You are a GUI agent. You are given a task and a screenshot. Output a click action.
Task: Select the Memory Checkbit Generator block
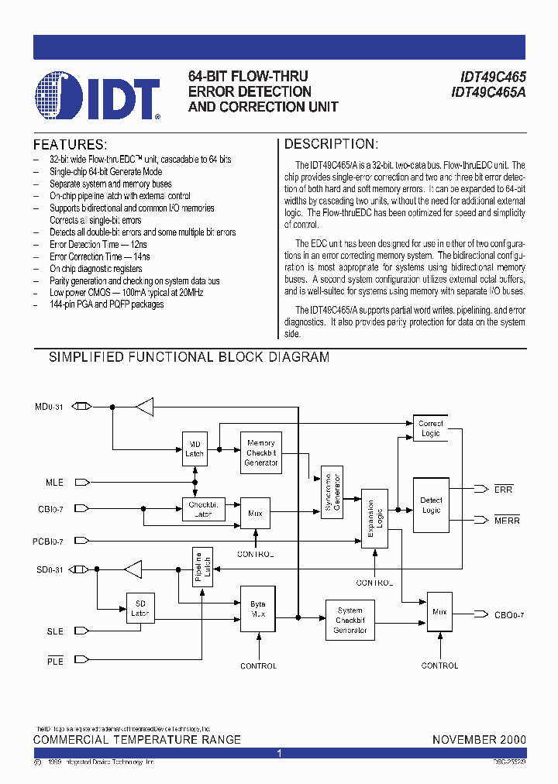pyautogui.click(x=261, y=452)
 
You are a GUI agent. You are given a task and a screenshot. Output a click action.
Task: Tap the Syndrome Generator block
pyautogui.click(x=331, y=492)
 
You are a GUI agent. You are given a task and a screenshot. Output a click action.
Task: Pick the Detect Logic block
pyautogui.click(x=431, y=505)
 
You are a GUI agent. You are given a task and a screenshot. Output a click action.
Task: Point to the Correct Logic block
pyautogui.click(x=430, y=428)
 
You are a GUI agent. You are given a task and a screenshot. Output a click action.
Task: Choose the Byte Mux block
pyautogui.click(x=257, y=609)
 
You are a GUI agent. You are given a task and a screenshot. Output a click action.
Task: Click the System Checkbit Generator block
pyautogui.click(x=350, y=621)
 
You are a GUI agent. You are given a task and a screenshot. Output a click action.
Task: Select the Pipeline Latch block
pyautogui.click(x=201, y=567)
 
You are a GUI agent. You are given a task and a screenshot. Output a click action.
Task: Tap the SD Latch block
pyautogui.click(x=139, y=608)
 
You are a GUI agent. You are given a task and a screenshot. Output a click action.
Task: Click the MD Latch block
pyautogui.click(x=195, y=449)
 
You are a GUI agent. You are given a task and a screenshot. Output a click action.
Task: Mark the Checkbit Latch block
pyautogui.click(x=203, y=509)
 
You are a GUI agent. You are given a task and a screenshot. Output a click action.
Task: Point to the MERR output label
pyautogui.click(x=507, y=521)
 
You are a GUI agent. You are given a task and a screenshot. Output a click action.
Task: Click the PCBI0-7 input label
pyautogui.click(x=49, y=542)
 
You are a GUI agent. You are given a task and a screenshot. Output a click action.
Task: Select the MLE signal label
pyautogui.click(x=54, y=483)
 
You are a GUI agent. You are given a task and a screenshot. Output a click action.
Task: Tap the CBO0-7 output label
pyautogui.click(x=509, y=615)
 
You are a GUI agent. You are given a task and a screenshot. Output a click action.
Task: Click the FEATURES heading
pyautogui.click(x=70, y=145)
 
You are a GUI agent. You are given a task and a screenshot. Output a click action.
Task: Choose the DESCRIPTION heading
pyautogui.click(x=331, y=144)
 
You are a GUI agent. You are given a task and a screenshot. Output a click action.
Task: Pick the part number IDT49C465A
pyautogui.click(x=488, y=92)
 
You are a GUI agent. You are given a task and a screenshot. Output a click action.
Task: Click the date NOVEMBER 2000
pyautogui.click(x=479, y=740)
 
